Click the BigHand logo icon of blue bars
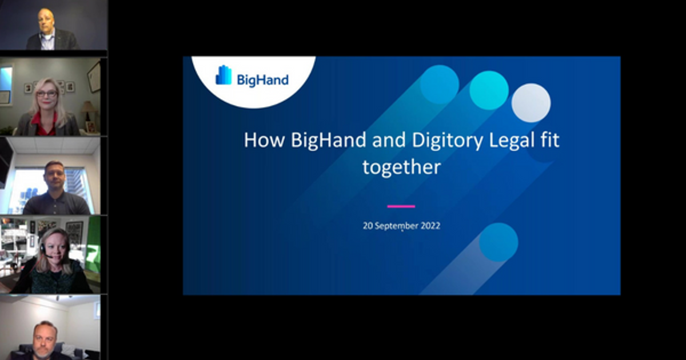(x=224, y=75)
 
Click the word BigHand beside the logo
(x=262, y=79)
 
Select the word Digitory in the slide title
(x=452, y=141)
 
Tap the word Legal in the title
(x=513, y=141)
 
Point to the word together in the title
(x=401, y=167)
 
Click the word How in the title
(x=265, y=141)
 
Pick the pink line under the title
(x=401, y=206)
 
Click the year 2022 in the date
(x=429, y=226)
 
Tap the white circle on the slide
(x=531, y=103)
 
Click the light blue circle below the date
(x=498, y=242)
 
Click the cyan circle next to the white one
(x=489, y=90)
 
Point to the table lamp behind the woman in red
(x=87, y=107)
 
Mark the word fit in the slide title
(x=549, y=141)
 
